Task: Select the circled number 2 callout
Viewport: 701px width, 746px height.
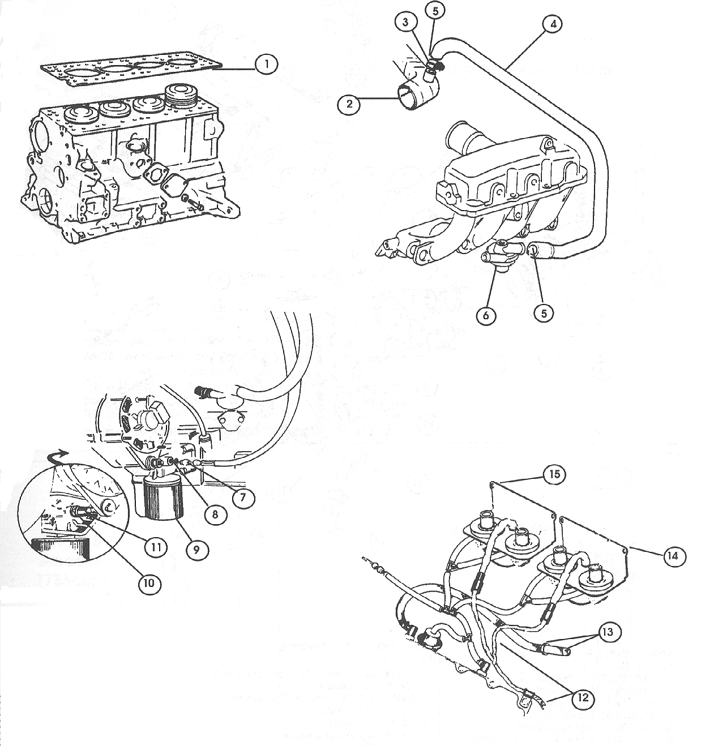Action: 349,104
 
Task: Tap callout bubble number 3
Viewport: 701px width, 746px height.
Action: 406,22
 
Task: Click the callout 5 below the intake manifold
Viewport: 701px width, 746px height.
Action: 543,313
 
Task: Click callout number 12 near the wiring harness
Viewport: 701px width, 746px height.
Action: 583,698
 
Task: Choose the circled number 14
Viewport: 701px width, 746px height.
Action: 672,556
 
